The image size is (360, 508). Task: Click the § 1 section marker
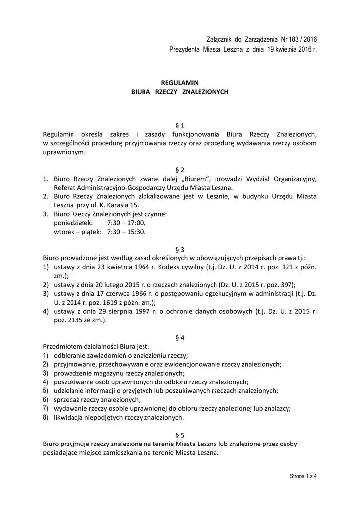point(180,126)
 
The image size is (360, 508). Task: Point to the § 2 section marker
point(180,170)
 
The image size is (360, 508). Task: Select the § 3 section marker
point(180,249)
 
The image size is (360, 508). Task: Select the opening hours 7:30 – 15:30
point(126,232)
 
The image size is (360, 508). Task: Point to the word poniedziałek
point(73,223)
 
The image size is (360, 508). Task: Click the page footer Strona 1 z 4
point(304,476)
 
